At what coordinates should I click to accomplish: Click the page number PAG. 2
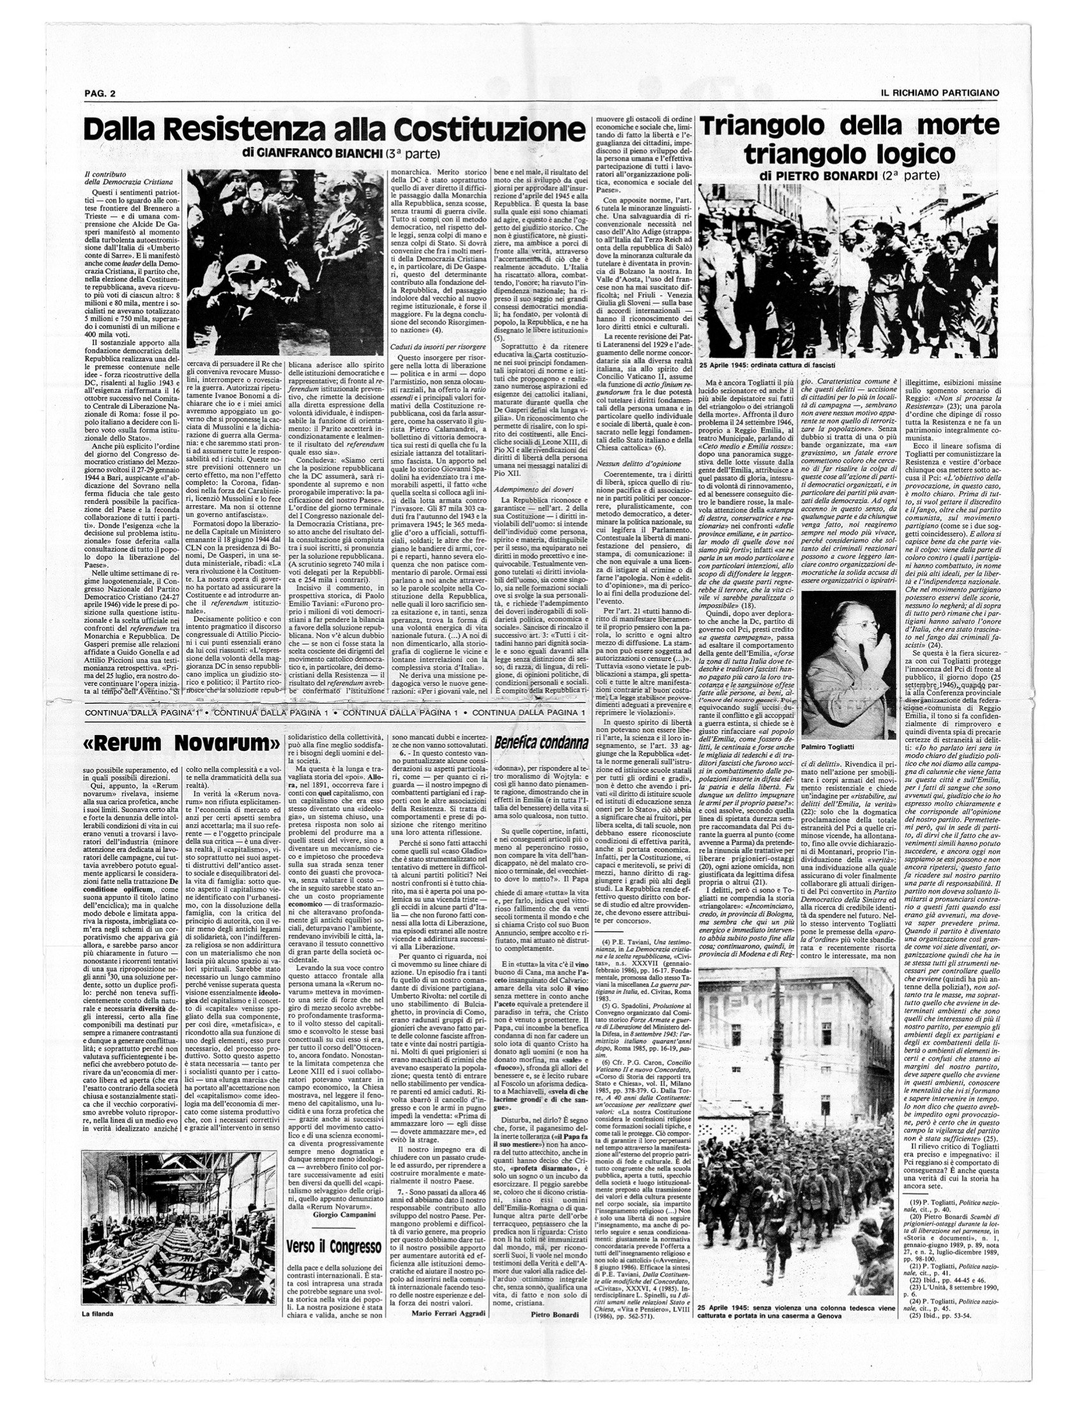pos(100,93)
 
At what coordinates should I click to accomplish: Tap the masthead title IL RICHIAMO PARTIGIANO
pos(940,93)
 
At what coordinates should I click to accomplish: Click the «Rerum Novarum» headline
pos(181,743)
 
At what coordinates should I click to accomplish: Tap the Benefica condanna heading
pos(541,743)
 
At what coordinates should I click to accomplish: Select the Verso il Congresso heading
pos(334,1211)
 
